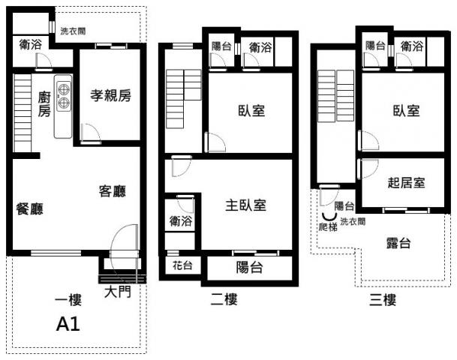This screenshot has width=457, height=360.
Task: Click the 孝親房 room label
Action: [111, 95]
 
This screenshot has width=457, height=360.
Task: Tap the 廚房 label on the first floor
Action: [44, 104]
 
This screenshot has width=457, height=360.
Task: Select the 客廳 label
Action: [113, 191]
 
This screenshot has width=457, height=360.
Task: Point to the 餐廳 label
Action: [29, 208]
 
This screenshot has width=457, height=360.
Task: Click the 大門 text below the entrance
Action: [118, 292]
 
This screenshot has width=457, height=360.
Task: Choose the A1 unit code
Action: [68, 324]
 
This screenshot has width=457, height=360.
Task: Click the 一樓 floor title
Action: [68, 300]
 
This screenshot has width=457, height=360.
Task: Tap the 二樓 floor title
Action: [224, 299]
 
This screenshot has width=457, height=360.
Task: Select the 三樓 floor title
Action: [383, 300]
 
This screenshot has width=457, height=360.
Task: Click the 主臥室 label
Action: [245, 205]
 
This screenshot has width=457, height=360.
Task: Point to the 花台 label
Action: [182, 265]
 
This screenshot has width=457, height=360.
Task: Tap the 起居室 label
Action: [406, 182]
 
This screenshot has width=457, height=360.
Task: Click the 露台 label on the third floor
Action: [398, 243]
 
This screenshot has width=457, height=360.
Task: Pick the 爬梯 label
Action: [328, 227]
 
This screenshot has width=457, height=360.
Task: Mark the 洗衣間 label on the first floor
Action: [73, 31]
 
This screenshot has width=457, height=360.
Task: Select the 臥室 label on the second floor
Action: [251, 111]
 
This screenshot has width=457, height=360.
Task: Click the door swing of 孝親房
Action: [92, 133]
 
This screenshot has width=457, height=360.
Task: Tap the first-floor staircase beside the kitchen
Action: [23, 113]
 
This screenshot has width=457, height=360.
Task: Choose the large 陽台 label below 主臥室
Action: [249, 267]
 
